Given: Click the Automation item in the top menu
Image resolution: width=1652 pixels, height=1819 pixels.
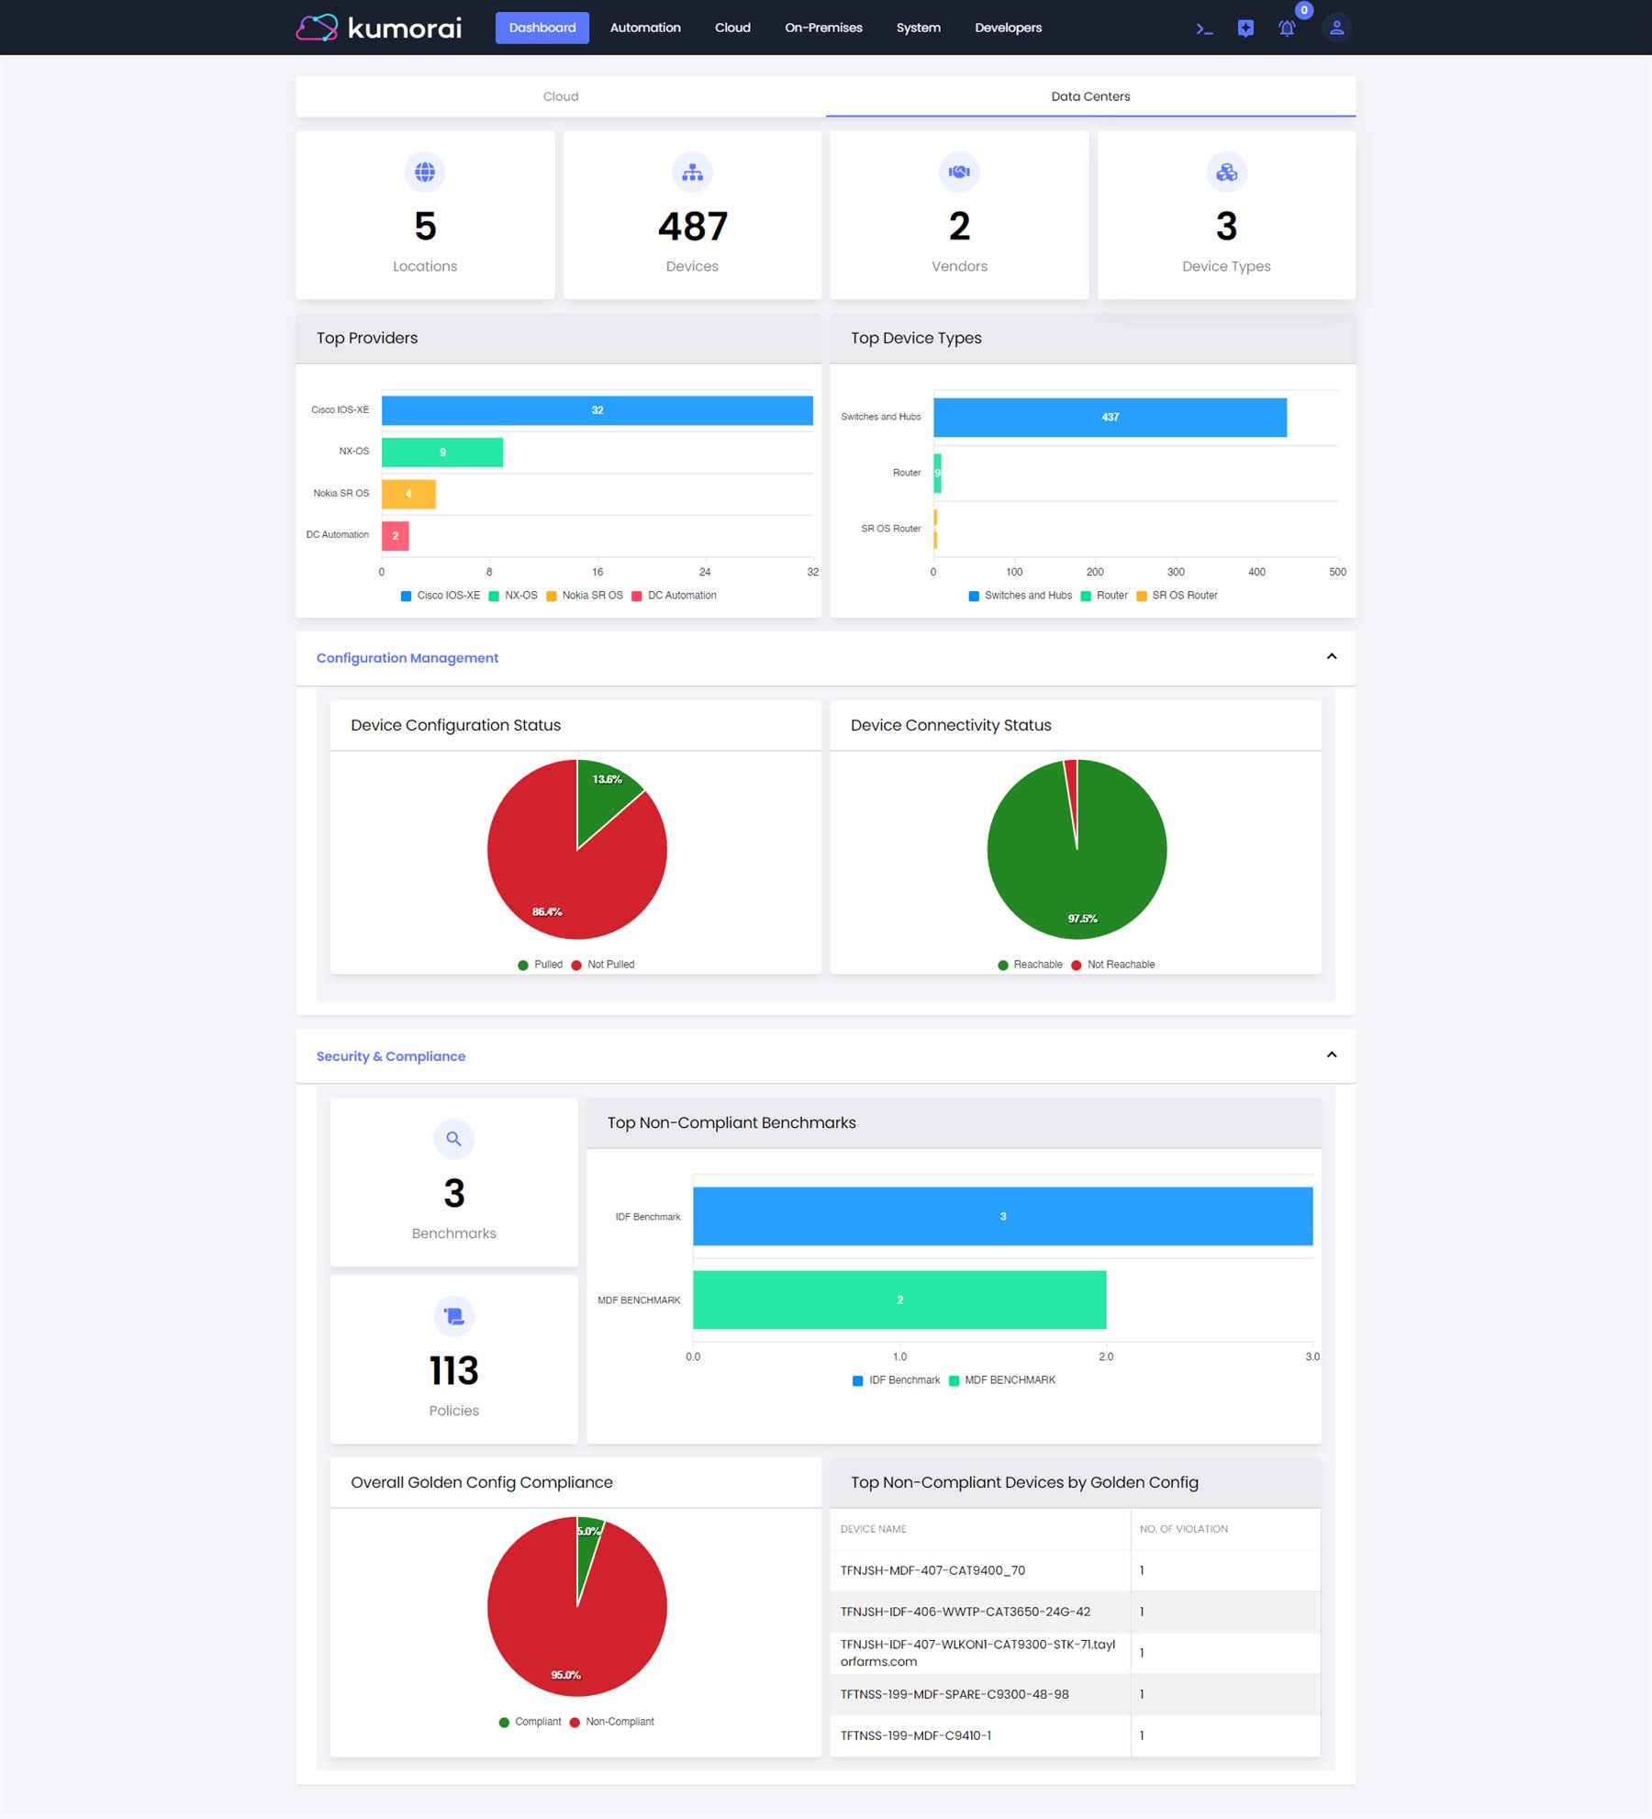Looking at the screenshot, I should (x=645, y=28).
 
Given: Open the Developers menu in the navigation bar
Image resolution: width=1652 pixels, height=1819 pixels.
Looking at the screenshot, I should (x=1008, y=28).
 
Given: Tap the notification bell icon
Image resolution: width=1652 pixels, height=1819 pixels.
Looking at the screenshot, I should (x=1287, y=28).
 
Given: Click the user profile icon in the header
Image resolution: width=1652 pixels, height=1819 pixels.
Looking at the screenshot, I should (x=1336, y=28).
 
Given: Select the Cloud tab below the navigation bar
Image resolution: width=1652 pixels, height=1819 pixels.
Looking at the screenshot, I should (x=560, y=96).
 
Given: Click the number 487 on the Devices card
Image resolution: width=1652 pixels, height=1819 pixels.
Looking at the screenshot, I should (x=692, y=227).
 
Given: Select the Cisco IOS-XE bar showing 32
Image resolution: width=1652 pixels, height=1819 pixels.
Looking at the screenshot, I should (x=597, y=410).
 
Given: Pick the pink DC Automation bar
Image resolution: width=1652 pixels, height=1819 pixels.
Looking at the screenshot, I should (x=396, y=536).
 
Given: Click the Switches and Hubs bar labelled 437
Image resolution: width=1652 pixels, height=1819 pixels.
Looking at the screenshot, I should (x=1110, y=418).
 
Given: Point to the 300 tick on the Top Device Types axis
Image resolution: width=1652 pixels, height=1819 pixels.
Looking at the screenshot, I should (x=1176, y=572).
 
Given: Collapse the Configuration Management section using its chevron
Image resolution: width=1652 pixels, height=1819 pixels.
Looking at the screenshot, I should (x=1332, y=657).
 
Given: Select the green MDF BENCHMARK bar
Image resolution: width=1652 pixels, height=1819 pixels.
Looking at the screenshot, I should (x=899, y=1300).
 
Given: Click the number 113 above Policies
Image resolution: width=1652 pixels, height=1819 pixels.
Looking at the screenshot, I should (x=453, y=1371).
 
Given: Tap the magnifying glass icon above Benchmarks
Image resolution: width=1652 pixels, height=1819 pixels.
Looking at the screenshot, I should (x=453, y=1139).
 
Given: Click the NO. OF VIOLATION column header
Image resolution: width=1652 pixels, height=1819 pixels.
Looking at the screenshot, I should (x=1183, y=1529).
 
